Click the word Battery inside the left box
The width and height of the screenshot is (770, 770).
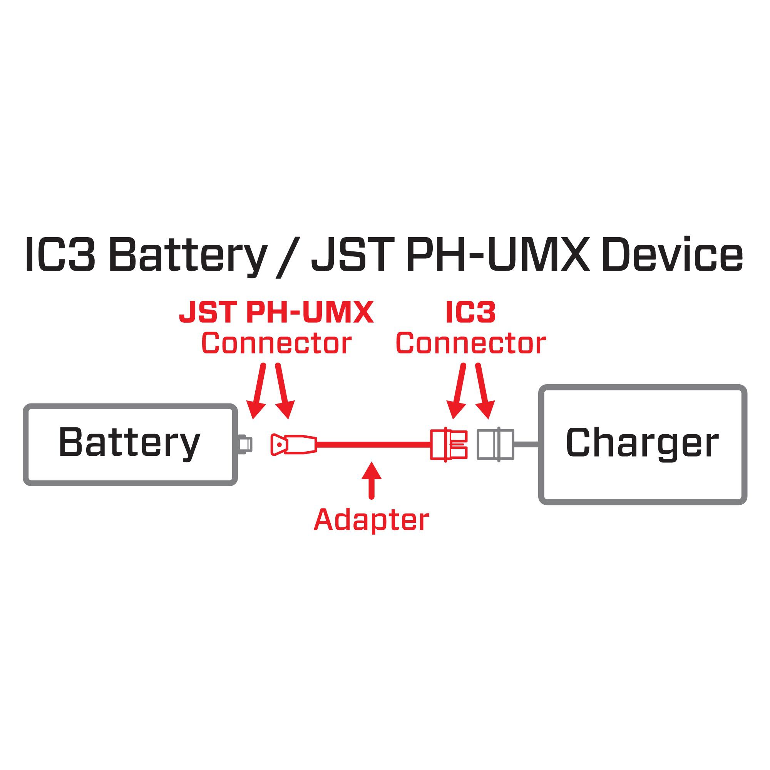coord(129,443)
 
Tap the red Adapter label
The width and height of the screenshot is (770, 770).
coord(371,520)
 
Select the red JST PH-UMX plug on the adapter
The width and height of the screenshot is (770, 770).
coord(293,444)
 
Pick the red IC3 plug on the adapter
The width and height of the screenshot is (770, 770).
coord(449,444)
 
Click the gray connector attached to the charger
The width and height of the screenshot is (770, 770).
coord(495,444)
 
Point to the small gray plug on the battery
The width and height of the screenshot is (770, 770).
coord(244,444)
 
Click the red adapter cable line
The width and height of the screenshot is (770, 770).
coord(373,444)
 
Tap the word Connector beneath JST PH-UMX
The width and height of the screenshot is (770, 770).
coord(276,343)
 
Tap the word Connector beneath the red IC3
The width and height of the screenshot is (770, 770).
coord(471,343)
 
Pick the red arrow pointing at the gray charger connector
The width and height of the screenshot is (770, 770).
coord(484,390)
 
